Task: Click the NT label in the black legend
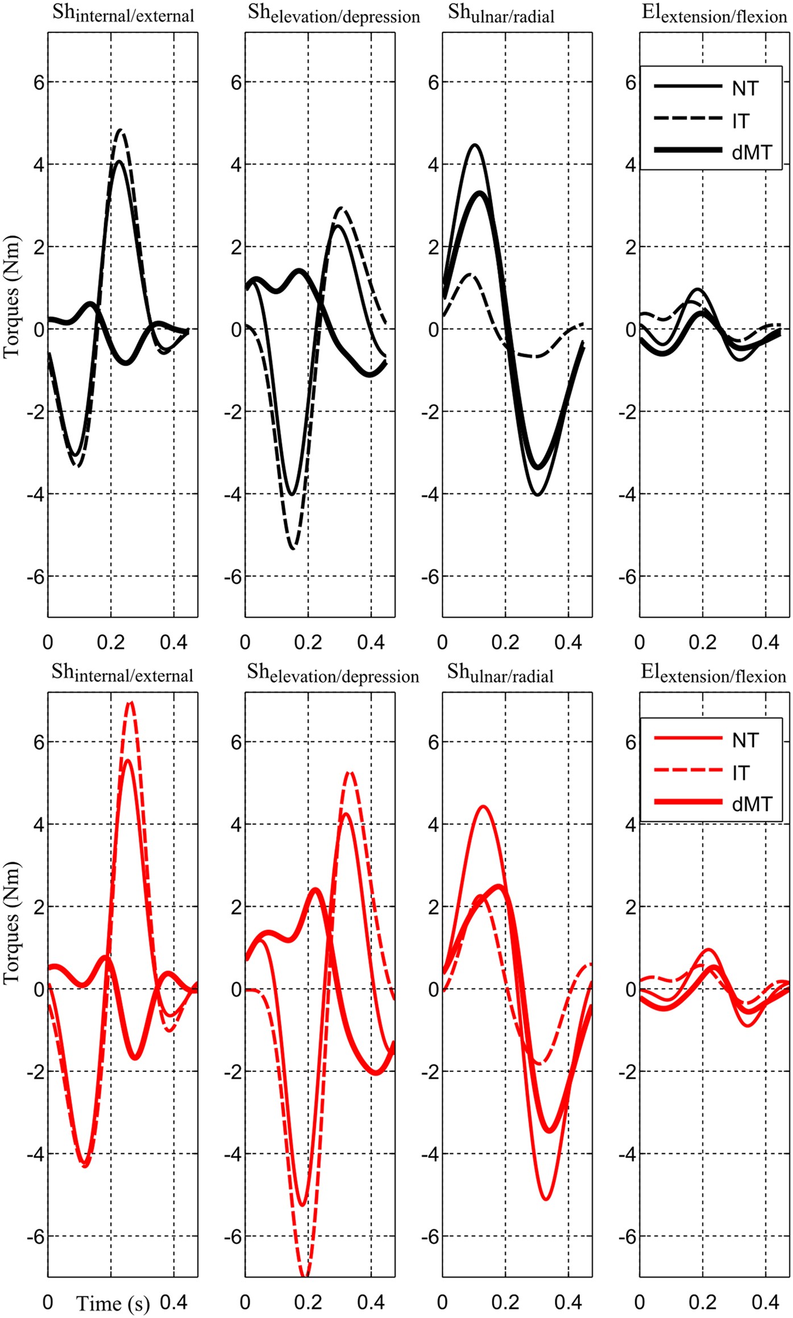[745, 89]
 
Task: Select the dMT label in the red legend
[752, 804]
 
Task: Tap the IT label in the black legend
[741, 121]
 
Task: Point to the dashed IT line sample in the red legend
[687, 771]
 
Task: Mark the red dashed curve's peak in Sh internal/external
[131, 702]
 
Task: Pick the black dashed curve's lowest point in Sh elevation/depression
[293, 548]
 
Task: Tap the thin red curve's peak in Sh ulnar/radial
[483, 806]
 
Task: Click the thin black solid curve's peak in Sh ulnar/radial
[475, 145]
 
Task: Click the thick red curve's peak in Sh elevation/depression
[316, 889]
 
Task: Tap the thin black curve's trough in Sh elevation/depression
[292, 494]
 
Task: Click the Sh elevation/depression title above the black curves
[334, 14]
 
